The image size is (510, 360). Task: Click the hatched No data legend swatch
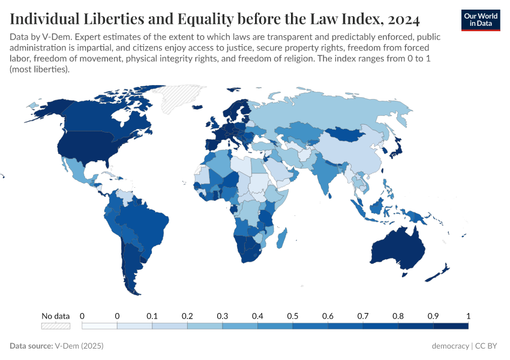click(x=55, y=326)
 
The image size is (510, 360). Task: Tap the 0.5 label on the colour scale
click(x=293, y=316)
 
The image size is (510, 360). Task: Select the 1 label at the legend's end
click(x=468, y=316)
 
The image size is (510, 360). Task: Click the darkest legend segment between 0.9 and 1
click(x=451, y=326)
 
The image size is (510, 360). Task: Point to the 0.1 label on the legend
click(x=152, y=316)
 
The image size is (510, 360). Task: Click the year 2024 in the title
click(x=398, y=19)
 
